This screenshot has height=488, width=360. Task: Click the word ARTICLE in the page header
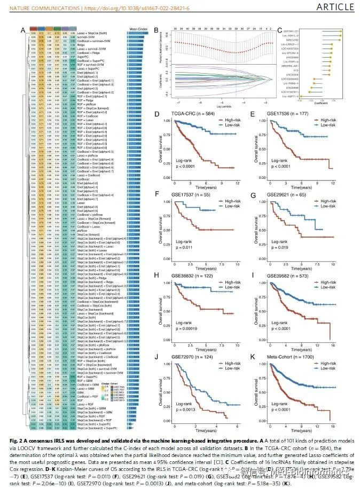335,7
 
